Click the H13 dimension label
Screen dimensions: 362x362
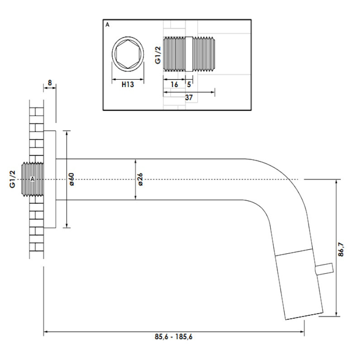(x=127, y=84)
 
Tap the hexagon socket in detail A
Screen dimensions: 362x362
(x=128, y=54)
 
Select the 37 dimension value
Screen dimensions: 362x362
(x=188, y=97)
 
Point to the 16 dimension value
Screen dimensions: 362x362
(x=174, y=84)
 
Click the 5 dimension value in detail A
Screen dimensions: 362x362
(x=189, y=84)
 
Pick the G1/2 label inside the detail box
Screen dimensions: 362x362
(x=157, y=56)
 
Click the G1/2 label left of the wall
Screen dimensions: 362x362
(x=13, y=180)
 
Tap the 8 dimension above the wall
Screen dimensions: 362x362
(x=50, y=84)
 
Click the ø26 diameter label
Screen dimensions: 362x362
(x=140, y=180)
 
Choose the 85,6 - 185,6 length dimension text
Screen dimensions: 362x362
(x=174, y=337)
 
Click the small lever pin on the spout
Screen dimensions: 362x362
(x=325, y=270)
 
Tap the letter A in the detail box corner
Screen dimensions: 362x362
(x=107, y=25)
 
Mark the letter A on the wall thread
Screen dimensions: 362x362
(x=33, y=179)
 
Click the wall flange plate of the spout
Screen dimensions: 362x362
(x=50, y=179)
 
